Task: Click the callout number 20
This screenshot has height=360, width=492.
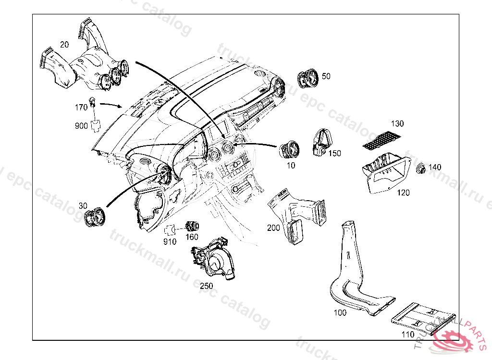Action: click(x=64, y=45)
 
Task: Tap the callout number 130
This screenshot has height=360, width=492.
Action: click(x=397, y=123)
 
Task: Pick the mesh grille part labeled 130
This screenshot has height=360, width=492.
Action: click(x=382, y=138)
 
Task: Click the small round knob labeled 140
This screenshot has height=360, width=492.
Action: click(x=421, y=168)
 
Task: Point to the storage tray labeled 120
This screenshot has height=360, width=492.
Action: click(x=385, y=172)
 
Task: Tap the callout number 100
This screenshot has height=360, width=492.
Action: click(x=340, y=312)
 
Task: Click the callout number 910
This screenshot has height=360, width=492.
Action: click(x=170, y=241)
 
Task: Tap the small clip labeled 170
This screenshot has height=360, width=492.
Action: click(x=93, y=103)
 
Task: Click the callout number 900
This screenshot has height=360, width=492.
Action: click(x=81, y=126)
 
